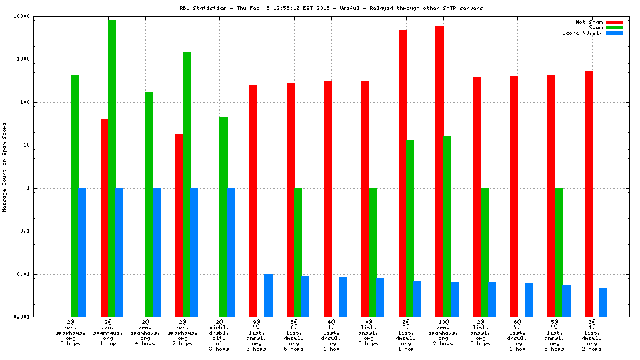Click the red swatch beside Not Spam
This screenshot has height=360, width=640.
pos(614,22)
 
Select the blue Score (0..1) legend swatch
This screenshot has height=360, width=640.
pos(614,33)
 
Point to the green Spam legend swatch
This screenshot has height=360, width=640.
pos(614,27)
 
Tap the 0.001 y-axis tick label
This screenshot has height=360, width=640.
pos(41,317)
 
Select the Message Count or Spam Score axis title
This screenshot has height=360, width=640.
pos(5,167)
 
